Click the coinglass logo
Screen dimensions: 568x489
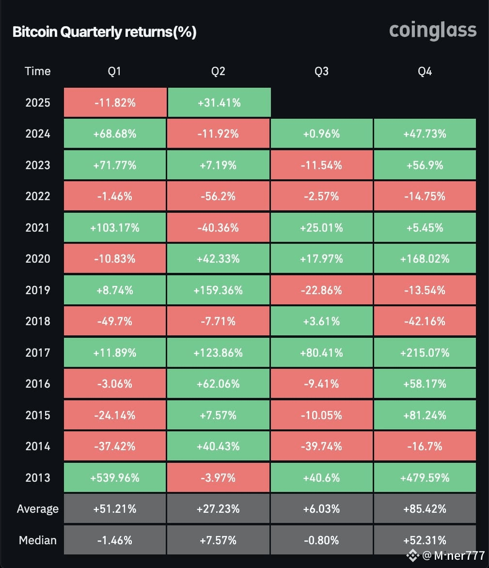click(x=433, y=31)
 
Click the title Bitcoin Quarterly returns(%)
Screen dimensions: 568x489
click(x=104, y=32)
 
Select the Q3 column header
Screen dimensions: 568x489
click(x=321, y=71)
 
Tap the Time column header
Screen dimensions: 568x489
click(x=38, y=71)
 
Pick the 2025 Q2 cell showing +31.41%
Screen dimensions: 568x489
click(x=218, y=103)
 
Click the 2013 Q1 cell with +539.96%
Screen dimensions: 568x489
click(x=115, y=477)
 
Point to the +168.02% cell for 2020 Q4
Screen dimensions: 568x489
click(x=425, y=259)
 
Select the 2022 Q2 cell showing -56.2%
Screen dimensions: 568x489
click(x=218, y=196)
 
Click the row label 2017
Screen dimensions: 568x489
click(x=38, y=352)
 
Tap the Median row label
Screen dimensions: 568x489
click(x=38, y=540)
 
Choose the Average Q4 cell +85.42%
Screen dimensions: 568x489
click(x=425, y=509)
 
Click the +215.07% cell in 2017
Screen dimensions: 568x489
click(x=425, y=352)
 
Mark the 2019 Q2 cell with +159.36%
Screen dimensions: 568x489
click(x=218, y=290)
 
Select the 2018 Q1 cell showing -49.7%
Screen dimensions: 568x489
click(x=115, y=321)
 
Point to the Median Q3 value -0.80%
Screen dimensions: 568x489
click(x=321, y=540)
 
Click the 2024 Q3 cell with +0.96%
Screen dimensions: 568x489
click(x=321, y=134)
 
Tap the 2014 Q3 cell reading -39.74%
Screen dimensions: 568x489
click(x=321, y=446)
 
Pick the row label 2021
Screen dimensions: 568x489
click(x=38, y=227)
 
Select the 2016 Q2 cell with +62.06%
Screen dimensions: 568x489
click(x=218, y=383)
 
